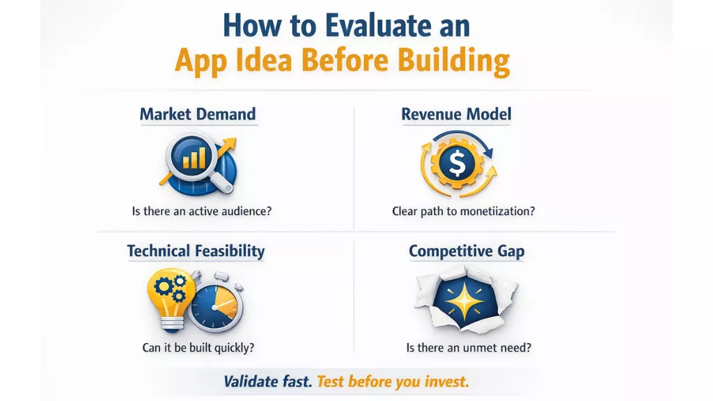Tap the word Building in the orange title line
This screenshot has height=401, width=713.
coord(455,61)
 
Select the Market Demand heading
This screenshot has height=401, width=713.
coord(198,114)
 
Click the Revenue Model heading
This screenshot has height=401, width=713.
coord(456,114)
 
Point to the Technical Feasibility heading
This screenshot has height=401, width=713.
coord(196,251)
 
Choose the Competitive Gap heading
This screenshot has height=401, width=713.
coord(466,251)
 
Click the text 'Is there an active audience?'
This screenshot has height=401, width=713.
coord(201,211)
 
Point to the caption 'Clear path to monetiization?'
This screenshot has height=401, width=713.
coord(464,211)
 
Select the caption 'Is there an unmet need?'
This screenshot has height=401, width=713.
coord(464,347)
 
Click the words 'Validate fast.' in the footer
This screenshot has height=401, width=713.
coord(267,382)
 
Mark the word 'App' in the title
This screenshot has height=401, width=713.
coord(201,61)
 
